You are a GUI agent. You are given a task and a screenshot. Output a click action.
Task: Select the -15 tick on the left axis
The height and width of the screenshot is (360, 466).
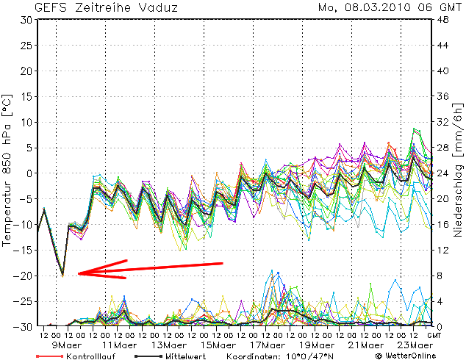pos(24,250)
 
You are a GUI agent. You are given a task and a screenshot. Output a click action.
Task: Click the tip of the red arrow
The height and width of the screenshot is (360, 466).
pos(78,274)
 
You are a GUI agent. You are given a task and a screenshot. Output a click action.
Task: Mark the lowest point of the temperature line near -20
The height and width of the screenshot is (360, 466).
pos(62,276)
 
